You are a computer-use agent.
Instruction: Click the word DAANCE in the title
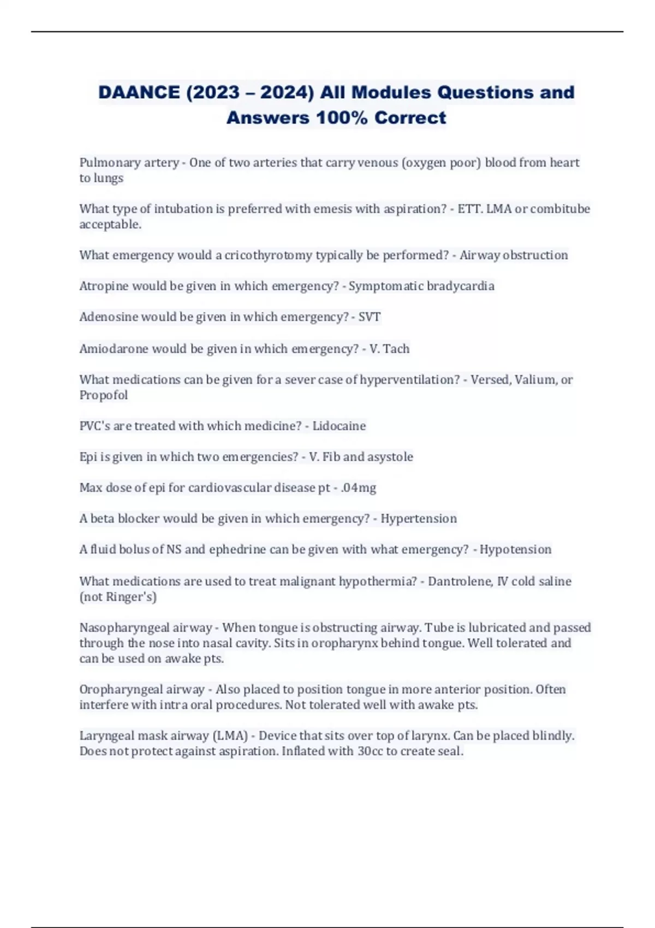tap(139, 92)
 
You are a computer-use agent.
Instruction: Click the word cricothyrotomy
tap(268, 255)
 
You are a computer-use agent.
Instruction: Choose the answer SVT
tap(369, 317)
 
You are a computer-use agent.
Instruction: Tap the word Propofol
tap(103, 395)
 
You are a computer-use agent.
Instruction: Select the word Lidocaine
tap(339, 426)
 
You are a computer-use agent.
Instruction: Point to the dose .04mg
tap(358, 487)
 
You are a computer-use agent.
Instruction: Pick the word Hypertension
tap(419, 519)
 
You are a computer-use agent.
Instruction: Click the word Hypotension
tap(515, 549)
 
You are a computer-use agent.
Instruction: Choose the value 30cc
tap(370, 751)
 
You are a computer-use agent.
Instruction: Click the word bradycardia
tap(463, 286)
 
